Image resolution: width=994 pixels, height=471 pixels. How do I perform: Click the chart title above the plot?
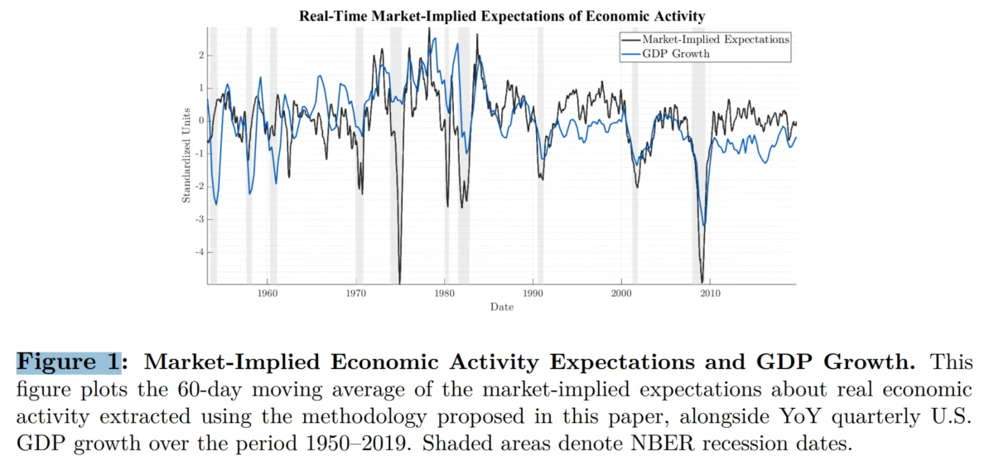pyautogui.click(x=502, y=16)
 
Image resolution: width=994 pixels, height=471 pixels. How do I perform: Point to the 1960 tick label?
pyautogui.click(x=267, y=294)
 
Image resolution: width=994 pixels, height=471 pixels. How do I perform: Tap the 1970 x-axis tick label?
pyautogui.click(x=356, y=294)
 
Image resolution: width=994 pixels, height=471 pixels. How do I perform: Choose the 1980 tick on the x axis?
pyautogui.click(x=444, y=294)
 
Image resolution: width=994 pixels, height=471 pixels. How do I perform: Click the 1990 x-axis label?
pyautogui.click(x=533, y=294)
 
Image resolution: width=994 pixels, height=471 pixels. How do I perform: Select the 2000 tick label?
pyautogui.click(x=621, y=294)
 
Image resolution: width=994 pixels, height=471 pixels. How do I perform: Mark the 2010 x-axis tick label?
pyautogui.click(x=710, y=294)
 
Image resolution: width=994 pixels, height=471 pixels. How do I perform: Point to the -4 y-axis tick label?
pyautogui.click(x=200, y=252)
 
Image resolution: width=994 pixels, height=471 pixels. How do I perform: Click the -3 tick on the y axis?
pyautogui.click(x=200, y=219)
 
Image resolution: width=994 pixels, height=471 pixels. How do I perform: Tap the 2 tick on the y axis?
pyautogui.click(x=201, y=55)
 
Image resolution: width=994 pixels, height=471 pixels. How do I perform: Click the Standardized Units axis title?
pyautogui.click(x=186, y=156)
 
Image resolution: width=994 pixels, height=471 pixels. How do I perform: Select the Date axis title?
pyautogui.click(x=502, y=307)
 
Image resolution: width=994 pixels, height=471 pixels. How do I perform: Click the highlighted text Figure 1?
pyautogui.click(x=69, y=362)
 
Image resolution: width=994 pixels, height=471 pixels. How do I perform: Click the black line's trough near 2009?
pyautogui.click(x=702, y=283)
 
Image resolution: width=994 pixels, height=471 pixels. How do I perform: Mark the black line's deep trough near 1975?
pyautogui.click(x=399, y=283)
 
